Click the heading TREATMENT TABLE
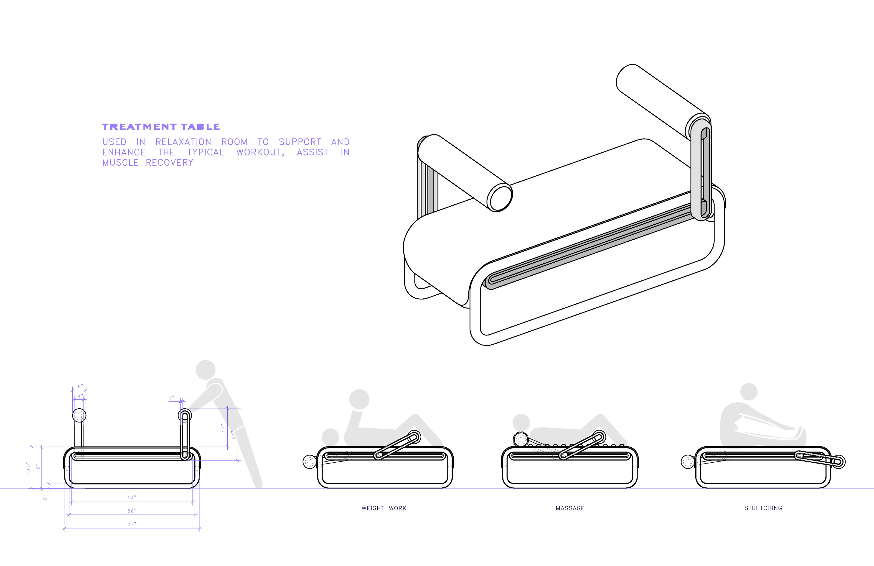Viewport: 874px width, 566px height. coord(161,127)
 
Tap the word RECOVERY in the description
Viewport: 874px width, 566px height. coord(169,162)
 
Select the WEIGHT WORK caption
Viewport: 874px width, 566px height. coord(384,508)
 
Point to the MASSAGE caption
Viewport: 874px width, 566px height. coord(570,508)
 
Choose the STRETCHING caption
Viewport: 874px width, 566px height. coord(763,508)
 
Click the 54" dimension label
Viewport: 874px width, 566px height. coord(132,498)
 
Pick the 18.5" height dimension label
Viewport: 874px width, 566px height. coord(28,468)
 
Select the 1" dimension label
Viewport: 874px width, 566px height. coord(171,398)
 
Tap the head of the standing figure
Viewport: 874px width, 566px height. coord(205,370)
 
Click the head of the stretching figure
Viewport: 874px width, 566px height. coord(749,392)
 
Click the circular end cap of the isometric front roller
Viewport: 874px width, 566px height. coord(499,198)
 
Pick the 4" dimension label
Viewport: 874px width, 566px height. coord(80,397)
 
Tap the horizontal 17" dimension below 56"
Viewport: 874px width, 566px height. coord(132,524)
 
